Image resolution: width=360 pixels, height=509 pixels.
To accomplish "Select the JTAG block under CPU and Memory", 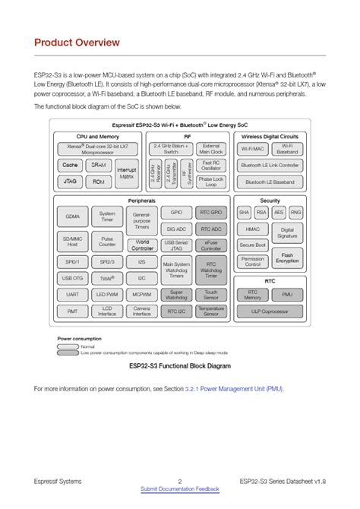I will (x=70, y=182).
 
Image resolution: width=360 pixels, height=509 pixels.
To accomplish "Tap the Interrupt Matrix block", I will (x=127, y=173).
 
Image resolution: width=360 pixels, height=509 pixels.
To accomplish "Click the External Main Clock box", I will (x=210, y=148).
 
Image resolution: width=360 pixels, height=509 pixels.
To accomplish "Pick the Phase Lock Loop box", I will (x=210, y=182).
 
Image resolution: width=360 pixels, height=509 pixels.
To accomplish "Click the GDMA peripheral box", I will (x=72, y=216).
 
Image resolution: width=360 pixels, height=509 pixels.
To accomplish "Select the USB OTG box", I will (x=72, y=277).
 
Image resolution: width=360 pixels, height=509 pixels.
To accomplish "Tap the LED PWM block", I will (x=107, y=294).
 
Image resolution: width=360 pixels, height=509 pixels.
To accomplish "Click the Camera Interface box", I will (x=142, y=311).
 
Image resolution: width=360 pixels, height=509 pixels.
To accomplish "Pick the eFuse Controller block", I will (x=210, y=245).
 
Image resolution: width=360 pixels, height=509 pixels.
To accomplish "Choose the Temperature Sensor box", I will (x=210, y=311).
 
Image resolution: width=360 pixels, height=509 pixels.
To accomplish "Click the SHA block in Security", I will (x=244, y=212).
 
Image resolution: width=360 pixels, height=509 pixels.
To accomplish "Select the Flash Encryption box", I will (x=286, y=259).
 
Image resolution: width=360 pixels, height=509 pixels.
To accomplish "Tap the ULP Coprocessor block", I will (x=269, y=311).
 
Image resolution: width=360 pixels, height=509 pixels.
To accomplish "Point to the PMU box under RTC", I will (x=286, y=294).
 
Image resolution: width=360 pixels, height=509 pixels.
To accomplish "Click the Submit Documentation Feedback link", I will (x=179, y=488).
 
